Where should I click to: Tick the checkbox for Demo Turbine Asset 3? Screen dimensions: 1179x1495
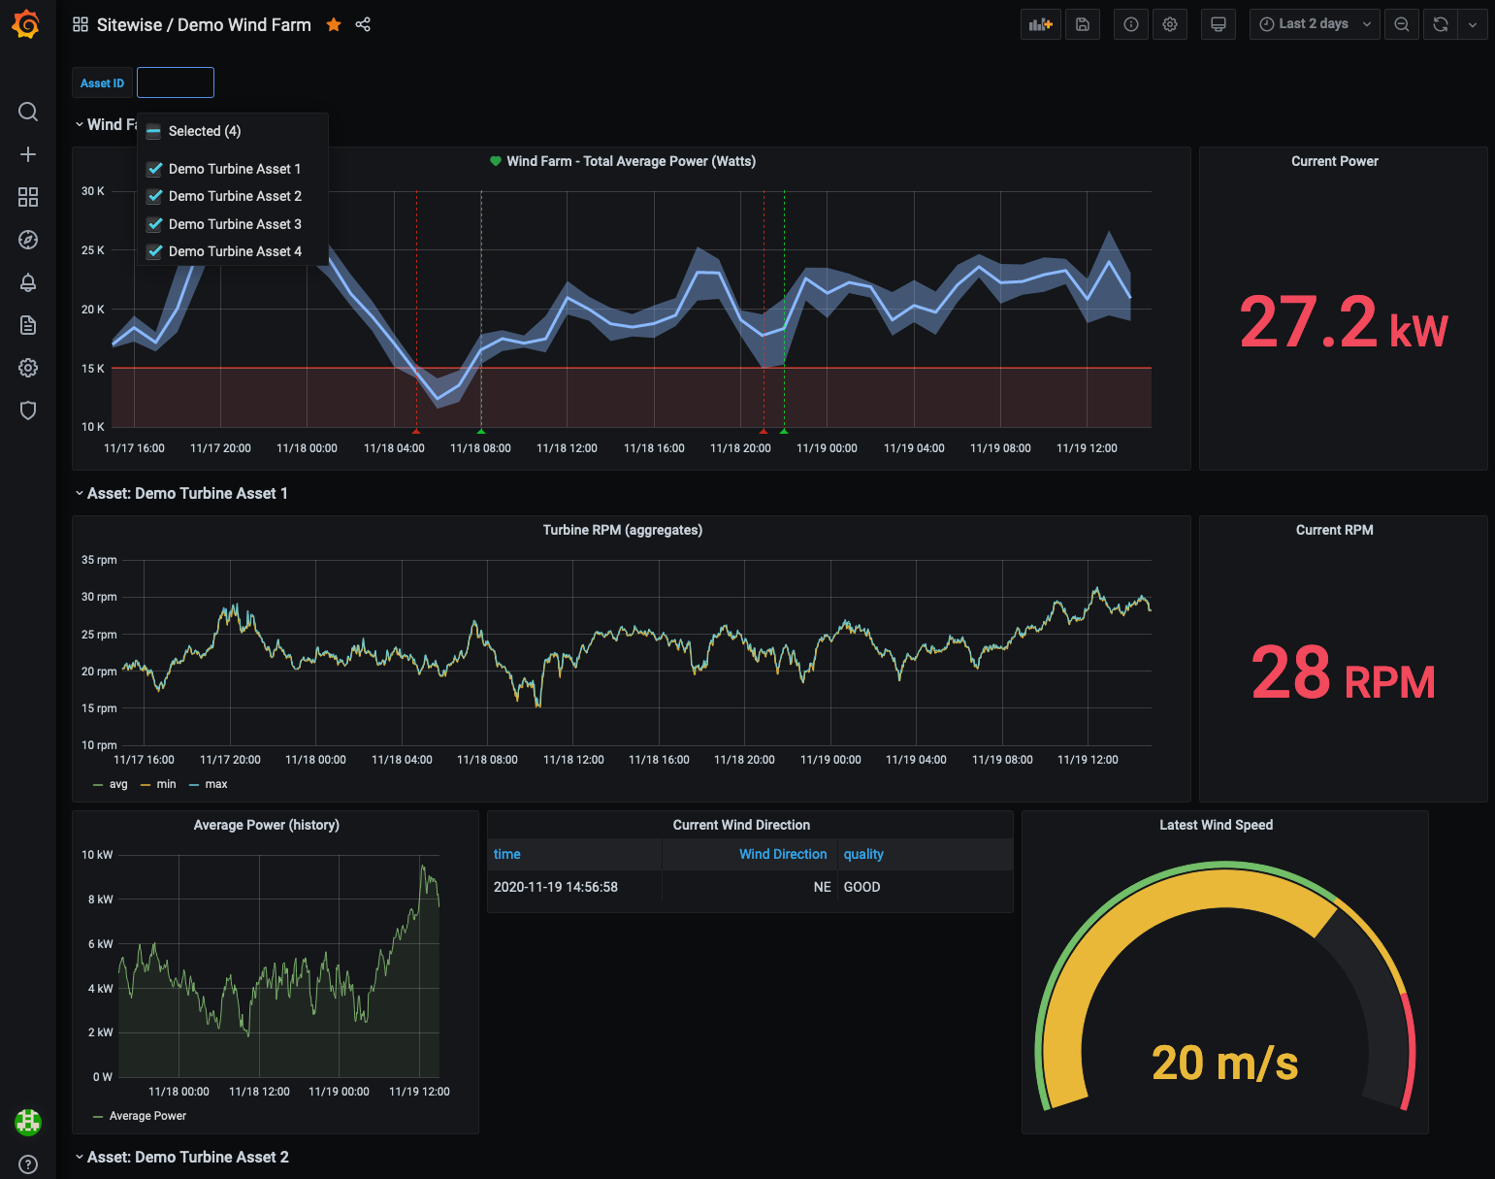[154, 224]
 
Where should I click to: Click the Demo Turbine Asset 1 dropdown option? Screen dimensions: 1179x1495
[234, 169]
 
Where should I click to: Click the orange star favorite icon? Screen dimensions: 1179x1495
[334, 25]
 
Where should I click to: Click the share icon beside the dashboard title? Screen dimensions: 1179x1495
[363, 25]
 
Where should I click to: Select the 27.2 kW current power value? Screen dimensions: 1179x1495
[1343, 323]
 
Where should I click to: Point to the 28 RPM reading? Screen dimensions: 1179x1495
[1343, 673]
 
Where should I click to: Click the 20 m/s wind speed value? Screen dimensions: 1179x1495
[1224, 1064]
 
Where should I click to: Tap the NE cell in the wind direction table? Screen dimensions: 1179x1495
[822, 887]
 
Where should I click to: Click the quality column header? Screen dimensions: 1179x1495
[863, 854]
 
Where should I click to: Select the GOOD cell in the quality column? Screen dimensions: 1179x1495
[861, 887]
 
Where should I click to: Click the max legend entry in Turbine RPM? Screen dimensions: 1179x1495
[215, 784]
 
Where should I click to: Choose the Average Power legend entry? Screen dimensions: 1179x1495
[147, 1116]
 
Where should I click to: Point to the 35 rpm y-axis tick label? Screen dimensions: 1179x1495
[99, 560]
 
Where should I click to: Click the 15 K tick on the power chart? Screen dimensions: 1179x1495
[93, 369]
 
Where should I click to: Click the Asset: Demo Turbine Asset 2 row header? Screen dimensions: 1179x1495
[187, 1157]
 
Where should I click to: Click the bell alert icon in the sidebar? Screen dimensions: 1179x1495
[28, 282]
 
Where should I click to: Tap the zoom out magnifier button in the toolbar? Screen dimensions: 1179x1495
[1402, 24]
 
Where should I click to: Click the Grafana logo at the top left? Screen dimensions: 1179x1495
[26, 24]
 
